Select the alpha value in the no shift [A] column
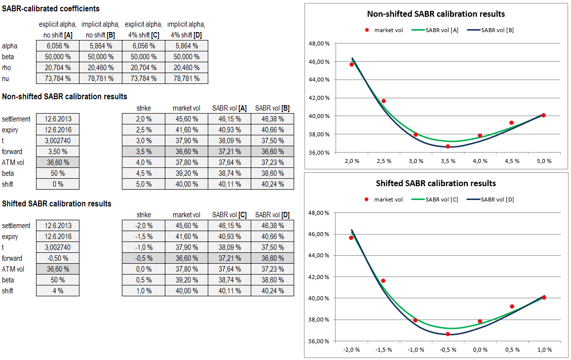click(x=57, y=46)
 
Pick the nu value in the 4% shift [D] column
click(x=186, y=79)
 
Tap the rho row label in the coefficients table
click(x=8, y=68)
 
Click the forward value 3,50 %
click(x=57, y=152)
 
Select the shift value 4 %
click(x=57, y=291)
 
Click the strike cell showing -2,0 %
click(x=143, y=226)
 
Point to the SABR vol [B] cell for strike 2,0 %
click(x=272, y=119)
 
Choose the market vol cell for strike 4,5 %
click(x=186, y=173)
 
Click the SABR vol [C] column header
click(x=229, y=215)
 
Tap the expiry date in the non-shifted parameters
click(x=57, y=130)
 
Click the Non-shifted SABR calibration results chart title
click(x=436, y=14)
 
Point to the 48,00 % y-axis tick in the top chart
click(x=319, y=43)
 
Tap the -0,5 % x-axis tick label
click(x=448, y=350)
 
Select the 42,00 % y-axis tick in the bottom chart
click(x=319, y=277)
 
